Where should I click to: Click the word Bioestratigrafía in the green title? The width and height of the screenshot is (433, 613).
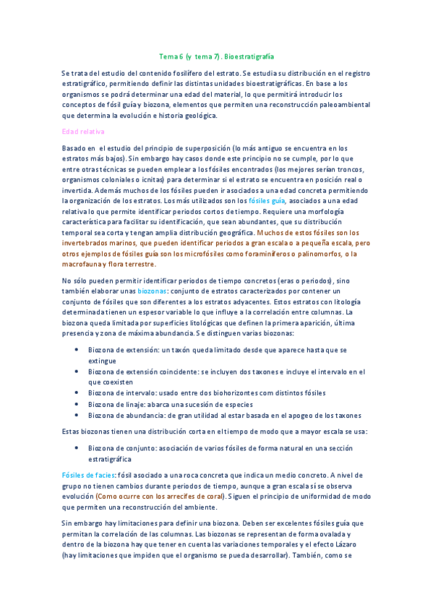click(x=249, y=56)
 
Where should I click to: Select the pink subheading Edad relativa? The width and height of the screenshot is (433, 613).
click(x=83, y=132)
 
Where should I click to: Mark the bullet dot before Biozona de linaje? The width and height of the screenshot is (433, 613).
click(x=77, y=404)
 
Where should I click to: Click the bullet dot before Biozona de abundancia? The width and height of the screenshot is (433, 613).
click(x=77, y=415)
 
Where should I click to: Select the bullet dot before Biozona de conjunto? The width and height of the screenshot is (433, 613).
click(x=77, y=447)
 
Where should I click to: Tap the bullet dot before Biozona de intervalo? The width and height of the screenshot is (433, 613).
click(x=77, y=393)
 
